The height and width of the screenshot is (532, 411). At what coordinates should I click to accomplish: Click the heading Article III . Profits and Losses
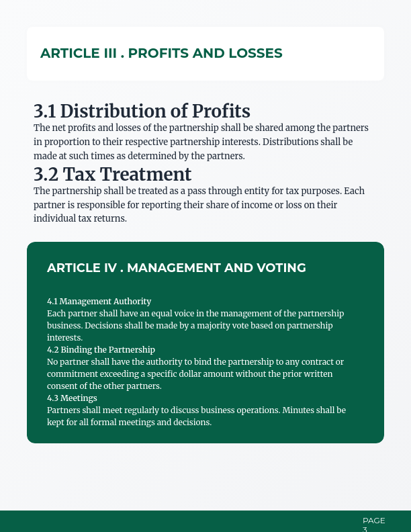coord(161,53)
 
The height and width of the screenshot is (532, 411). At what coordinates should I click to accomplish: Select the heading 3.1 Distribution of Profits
coord(142,112)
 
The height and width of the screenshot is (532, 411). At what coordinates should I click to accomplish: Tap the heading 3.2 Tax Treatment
coord(112,175)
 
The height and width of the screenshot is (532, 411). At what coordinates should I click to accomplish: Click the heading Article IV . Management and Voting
coord(176,268)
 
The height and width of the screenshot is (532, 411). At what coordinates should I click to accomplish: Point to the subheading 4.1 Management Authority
coord(99,302)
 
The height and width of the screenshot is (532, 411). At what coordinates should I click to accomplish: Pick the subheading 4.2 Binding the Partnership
coord(101,350)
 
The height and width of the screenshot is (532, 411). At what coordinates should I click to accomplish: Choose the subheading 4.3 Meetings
coord(72,398)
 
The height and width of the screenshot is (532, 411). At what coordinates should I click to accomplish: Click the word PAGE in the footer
coord(373,521)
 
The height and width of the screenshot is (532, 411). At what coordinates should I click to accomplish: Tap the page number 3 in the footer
coord(365,529)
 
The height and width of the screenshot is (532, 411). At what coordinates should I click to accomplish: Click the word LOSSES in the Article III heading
coord(256,53)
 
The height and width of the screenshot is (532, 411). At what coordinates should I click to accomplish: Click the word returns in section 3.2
coord(112,219)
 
